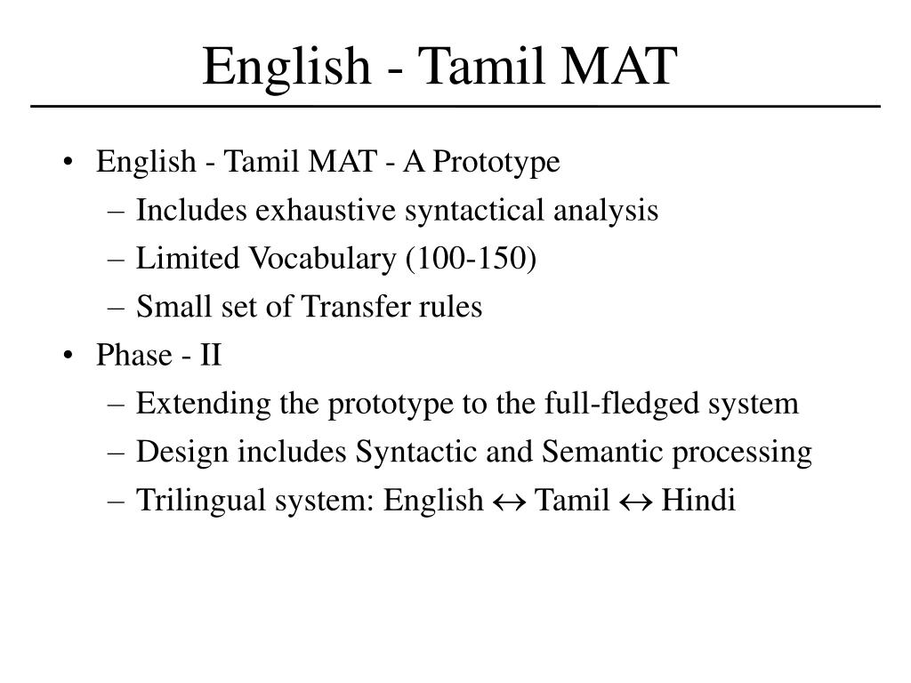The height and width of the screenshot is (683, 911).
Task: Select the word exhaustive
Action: click(x=327, y=211)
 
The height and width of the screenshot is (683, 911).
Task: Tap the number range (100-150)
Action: click(x=472, y=259)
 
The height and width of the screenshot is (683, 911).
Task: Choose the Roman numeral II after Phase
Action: click(x=211, y=356)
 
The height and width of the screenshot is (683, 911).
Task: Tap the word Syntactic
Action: click(x=413, y=453)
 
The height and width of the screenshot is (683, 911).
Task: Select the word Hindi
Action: click(x=698, y=501)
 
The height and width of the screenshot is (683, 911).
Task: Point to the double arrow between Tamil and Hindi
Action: click(x=635, y=502)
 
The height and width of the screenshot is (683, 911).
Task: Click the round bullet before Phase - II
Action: click(x=69, y=357)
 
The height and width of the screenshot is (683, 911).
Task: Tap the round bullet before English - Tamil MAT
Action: click(x=69, y=164)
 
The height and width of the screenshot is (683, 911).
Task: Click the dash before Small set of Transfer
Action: click(x=120, y=309)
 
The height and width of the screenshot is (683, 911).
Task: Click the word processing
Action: click(x=742, y=453)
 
